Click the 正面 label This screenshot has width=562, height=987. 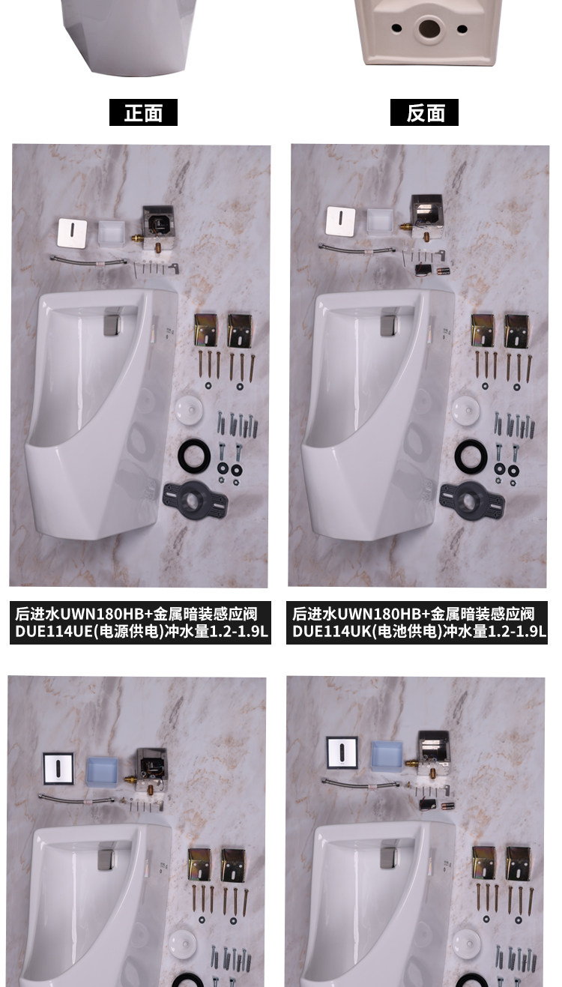tap(143, 113)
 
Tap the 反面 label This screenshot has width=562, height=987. tap(424, 113)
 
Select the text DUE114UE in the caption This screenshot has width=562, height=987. tap(54, 632)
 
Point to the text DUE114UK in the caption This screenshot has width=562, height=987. tap(331, 632)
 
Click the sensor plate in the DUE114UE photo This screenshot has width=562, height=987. tap(72, 232)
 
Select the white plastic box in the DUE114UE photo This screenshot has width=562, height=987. tap(112, 232)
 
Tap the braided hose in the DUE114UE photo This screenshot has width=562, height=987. tap(88, 260)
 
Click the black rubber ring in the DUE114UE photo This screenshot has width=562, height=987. tap(194, 454)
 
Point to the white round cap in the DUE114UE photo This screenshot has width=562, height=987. tap(189, 408)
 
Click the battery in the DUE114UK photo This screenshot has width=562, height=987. tap(443, 270)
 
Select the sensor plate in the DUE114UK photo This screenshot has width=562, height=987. tap(340, 220)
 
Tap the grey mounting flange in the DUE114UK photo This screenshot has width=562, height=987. tap(472, 501)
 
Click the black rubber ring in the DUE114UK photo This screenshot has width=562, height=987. tap(471, 455)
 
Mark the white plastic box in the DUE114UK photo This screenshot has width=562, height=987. tap(380, 220)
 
